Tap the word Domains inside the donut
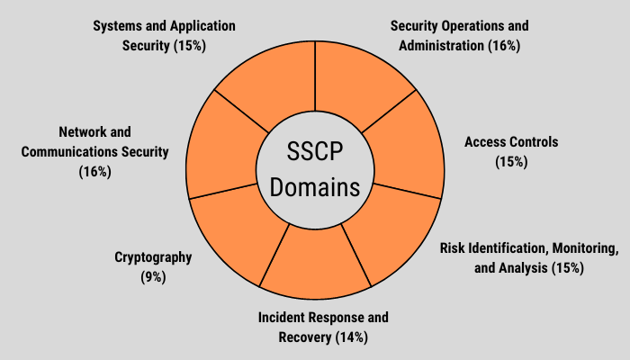click(315, 188)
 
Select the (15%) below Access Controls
click(510, 162)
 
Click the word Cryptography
click(153, 257)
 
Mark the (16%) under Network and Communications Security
click(94, 171)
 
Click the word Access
click(486, 142)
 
